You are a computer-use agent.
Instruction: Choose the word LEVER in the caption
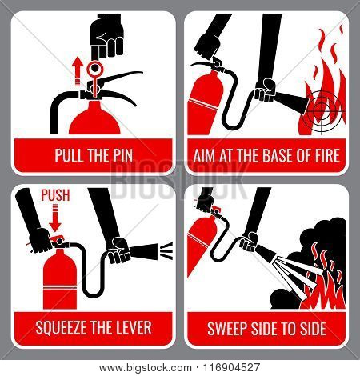click(x=135, y=328)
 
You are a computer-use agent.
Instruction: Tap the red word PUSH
click(x=55, y=195)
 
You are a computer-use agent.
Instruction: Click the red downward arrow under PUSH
click(x=55, y=218)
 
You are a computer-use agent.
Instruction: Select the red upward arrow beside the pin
click(x=78, y=71)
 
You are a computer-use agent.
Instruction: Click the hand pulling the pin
click(x=106, y=38)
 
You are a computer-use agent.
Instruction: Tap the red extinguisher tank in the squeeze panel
click(x=60, y=278)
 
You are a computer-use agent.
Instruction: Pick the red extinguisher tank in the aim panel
click(x=205, y=102)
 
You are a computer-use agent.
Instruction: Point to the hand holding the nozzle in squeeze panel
click(x=118, y=250)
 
